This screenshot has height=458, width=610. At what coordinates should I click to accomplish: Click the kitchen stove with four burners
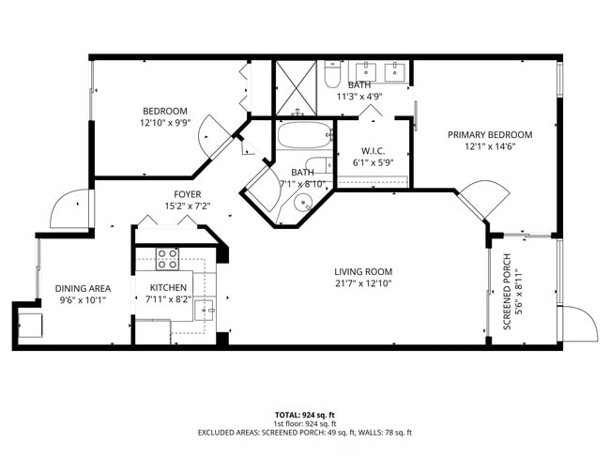click(167, 258)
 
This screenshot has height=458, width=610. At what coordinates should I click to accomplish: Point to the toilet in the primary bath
click(330, 74)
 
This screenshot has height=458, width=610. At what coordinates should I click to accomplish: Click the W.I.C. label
click(374, 151)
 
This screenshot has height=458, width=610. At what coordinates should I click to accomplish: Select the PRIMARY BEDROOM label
click(490, 134)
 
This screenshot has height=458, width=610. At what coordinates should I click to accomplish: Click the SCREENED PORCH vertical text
click(508, 292)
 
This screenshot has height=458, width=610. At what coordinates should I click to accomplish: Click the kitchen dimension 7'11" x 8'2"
click(169, 300)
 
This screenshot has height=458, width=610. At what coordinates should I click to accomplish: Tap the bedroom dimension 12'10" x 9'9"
click(165, 123)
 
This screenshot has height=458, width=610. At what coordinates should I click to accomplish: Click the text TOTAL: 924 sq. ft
click(304, 414)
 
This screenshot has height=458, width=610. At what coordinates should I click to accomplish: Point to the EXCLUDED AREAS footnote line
click(304, 433)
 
